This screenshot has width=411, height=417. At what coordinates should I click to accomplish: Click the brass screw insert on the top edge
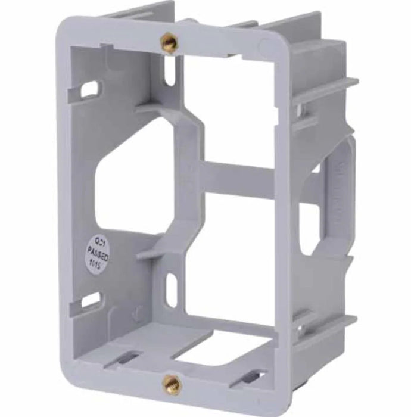point(169,42)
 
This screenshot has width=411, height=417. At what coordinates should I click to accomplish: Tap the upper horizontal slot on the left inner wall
point(90,89)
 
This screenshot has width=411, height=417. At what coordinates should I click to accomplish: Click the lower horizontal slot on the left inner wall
point(91,300)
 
